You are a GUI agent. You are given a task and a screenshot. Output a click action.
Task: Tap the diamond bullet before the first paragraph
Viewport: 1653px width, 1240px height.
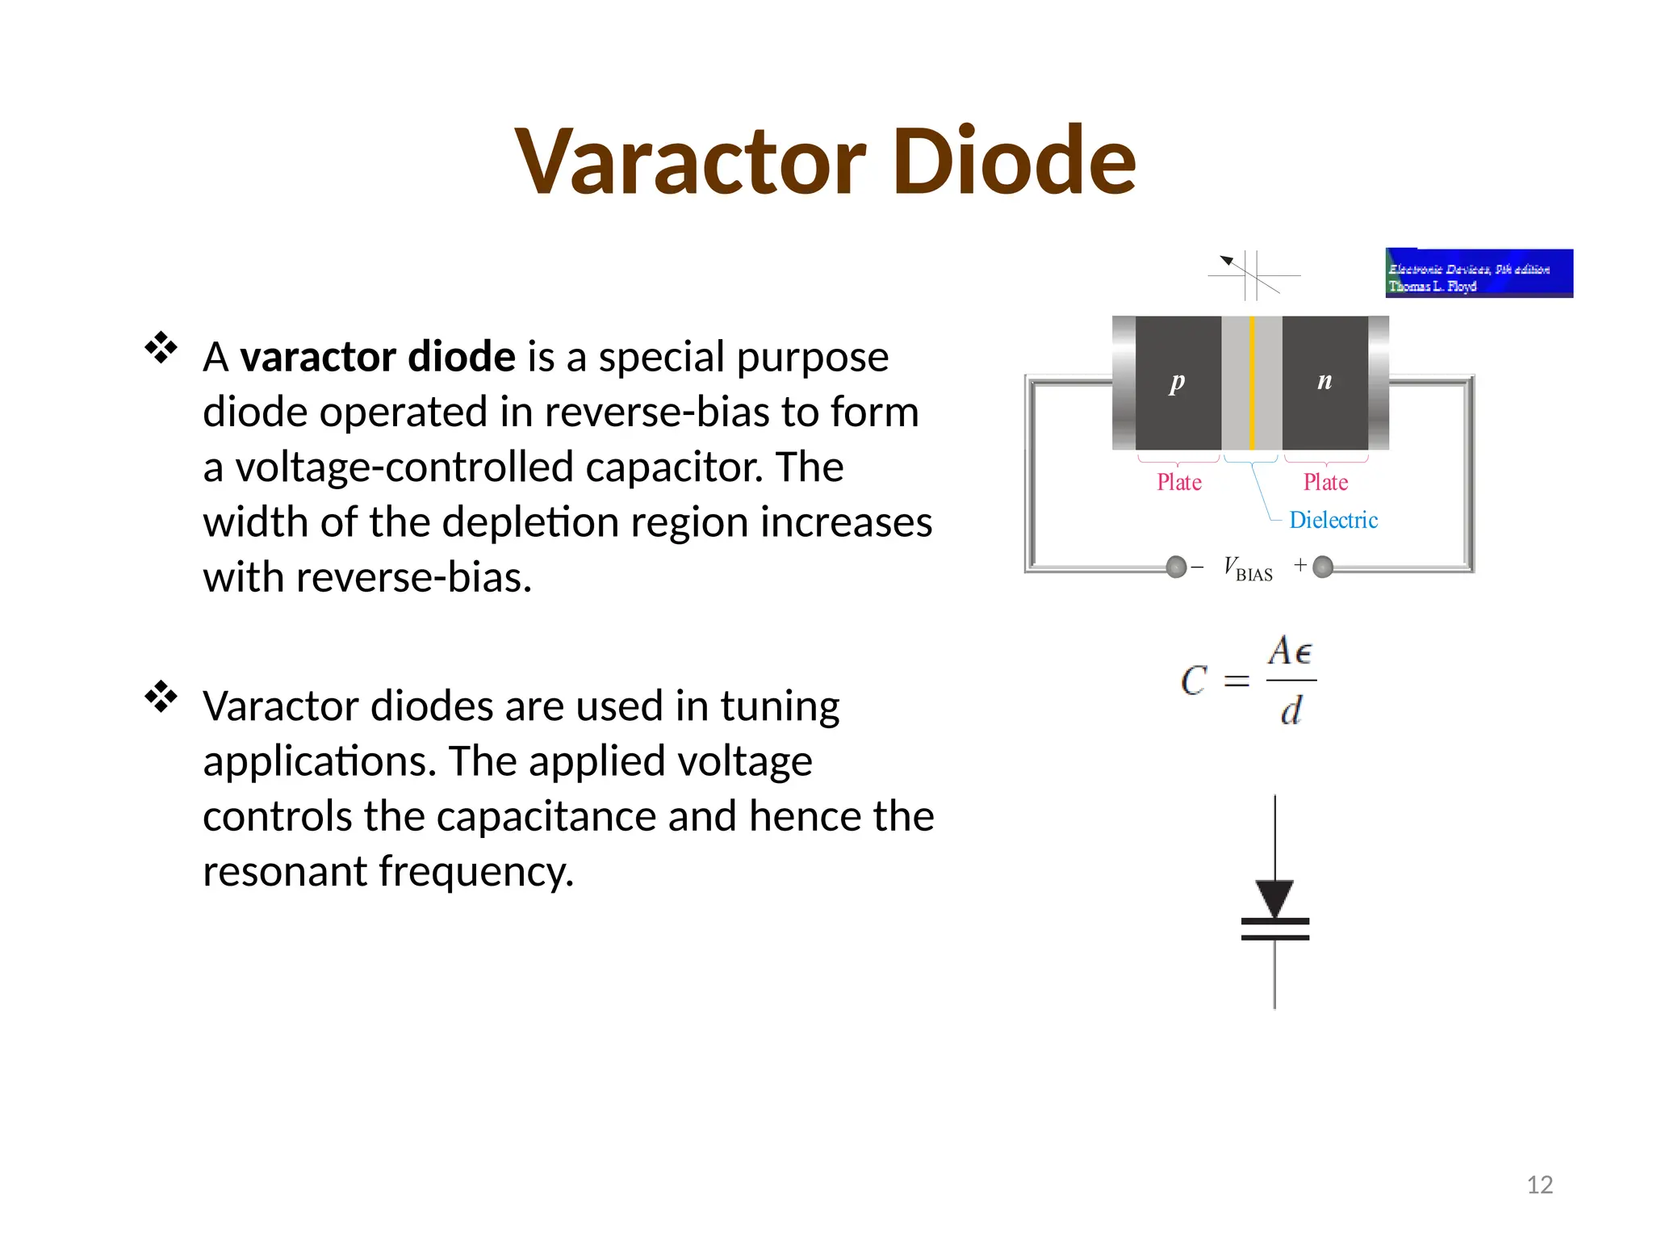(161, 348)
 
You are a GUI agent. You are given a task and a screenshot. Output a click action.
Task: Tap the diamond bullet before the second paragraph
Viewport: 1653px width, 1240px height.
(161, 697)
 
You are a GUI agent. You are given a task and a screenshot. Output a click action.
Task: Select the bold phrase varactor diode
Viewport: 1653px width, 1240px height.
(378, 357)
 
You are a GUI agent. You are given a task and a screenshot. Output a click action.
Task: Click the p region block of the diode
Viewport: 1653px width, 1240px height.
(1178, 383)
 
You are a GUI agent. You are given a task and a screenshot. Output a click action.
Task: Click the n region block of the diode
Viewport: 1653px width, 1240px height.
(1324, 383)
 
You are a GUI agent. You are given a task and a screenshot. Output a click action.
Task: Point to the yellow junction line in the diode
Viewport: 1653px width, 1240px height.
(1252, 383)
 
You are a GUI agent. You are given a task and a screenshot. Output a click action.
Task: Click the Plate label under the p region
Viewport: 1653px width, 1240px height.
(1179, 483)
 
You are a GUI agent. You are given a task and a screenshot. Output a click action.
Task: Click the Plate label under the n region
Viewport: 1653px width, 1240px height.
(1325, 483)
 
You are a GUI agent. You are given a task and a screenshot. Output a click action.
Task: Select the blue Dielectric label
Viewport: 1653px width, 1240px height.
(1333, 521)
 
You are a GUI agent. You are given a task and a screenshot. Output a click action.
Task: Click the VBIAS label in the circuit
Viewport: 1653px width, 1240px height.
(1248, 568)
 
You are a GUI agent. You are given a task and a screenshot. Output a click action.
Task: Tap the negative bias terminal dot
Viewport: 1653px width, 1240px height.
(1177, 567)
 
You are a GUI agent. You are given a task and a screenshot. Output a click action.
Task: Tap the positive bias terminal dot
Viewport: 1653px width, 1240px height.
(1323, 567)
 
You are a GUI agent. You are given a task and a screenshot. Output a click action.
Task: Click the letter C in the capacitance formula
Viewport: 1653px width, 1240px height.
(1194, 681)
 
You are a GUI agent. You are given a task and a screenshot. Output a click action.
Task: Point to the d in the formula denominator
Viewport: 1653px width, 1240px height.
(1291, 711)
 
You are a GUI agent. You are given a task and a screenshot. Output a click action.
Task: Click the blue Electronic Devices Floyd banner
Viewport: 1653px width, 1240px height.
(1479, 274)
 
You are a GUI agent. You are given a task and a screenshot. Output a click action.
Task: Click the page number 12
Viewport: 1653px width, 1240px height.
(1539, 1185)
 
